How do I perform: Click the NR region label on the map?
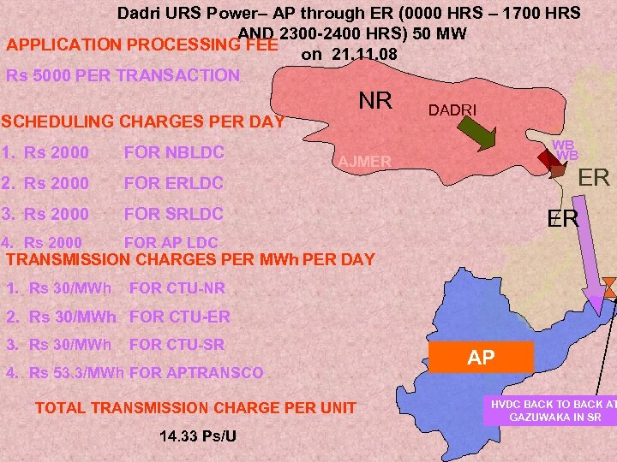[x=374, y=100]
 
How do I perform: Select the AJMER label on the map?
[x=365, y=162]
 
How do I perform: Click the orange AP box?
[x=482, y=358]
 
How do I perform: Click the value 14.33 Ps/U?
[x=198, y=437]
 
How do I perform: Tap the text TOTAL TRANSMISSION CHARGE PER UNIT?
[x=195, y=408]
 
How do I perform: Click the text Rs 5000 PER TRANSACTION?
[x=123, y=74]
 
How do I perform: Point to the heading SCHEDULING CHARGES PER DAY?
[x=145, y=121]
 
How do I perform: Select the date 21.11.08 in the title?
[x=368, y=55]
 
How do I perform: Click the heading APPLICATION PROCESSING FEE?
[x=141, y=44]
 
